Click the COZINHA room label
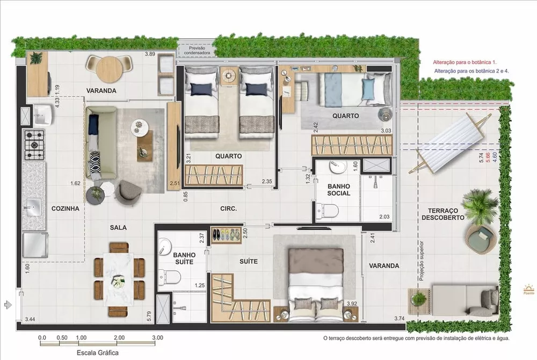tap(66, 208)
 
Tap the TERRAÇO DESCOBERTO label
tap(442, 214)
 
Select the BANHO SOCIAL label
tap(339, 190)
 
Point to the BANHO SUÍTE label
tap(184, 258)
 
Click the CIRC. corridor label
tap(229, 208)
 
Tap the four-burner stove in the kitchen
tap(35, 143)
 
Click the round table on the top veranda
tap(110, 69)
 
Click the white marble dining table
tap(119, 279)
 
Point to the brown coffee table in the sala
tap(145, 145)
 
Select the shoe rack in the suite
tap(226, 235)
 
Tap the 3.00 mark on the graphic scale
tap(157, 337)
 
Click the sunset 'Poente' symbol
tap(528, 289)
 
